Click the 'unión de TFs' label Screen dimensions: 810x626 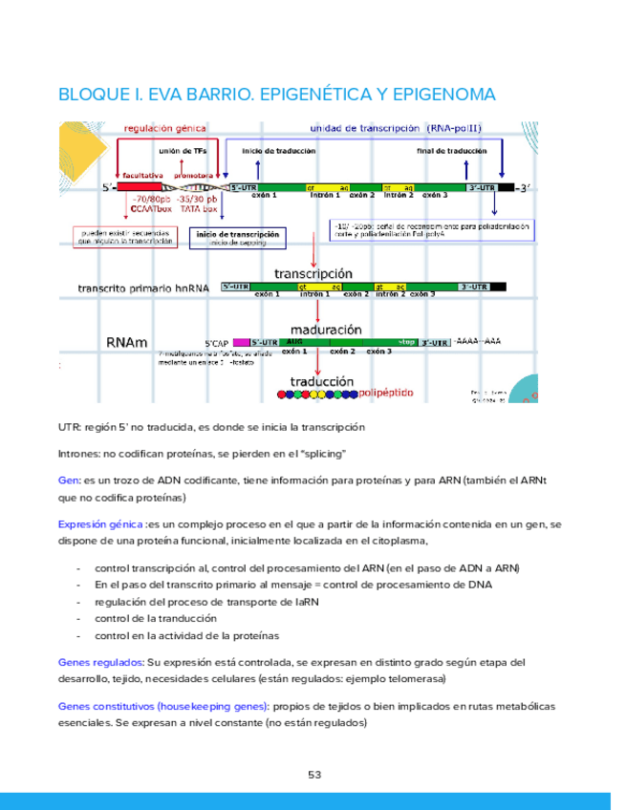point(182,151)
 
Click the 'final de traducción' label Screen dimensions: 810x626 point(452,151)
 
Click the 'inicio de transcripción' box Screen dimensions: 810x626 point(237,236)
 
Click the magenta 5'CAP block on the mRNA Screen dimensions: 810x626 point(240,342)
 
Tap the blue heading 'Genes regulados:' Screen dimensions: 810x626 point(101,662)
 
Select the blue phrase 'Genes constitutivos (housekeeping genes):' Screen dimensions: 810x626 point(163,706)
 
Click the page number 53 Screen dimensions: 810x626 point(313,774)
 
